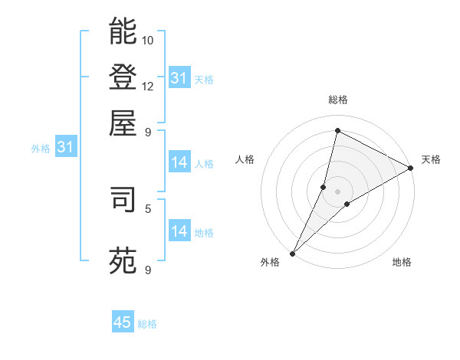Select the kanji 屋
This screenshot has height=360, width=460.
[123, 122]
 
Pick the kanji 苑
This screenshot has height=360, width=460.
[123, 260]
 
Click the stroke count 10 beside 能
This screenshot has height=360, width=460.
[148, 40]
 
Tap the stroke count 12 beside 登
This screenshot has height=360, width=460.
[148, 86]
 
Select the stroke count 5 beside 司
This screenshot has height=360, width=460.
[148, 208]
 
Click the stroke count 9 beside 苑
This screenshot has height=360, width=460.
[148, 270]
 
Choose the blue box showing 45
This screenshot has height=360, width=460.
[123, 322]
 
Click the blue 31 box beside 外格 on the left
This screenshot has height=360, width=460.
[65, 148]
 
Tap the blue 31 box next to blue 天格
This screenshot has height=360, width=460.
[179, 78]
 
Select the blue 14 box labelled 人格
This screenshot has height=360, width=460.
[179, 162]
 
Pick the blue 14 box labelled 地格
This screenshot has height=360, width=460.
[179, 231]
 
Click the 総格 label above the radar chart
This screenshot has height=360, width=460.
[337, 100]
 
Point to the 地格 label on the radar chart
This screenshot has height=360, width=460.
[402, 263]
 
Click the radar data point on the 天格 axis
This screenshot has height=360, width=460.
[411, 168]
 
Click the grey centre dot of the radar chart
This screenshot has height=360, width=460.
[337, 191]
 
